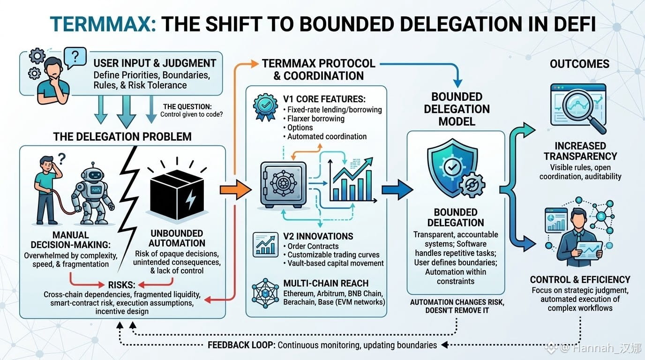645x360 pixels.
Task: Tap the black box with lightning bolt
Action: click(x=177, y=195)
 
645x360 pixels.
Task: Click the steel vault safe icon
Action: click(x=283, y=185)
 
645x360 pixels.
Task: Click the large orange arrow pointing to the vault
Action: click(x=235, y=189)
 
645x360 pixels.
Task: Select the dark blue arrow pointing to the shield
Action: click(x=397, y=189)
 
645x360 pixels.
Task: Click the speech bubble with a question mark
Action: click(x=75, y=58)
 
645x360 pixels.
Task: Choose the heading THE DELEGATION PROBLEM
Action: click(x=122, y=136)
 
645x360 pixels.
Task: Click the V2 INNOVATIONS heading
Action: click(x=318, y=236)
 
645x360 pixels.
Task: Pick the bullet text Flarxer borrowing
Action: click(x=316, y=119)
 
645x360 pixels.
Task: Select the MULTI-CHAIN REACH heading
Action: click(x=326, y=284)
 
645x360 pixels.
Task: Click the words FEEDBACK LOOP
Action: click(x=241, y=345)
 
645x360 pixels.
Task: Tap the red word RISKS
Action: click(x=121, y=285)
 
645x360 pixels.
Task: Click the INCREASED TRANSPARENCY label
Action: click(x=580, y=151)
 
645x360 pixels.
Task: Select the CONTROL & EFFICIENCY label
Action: click(x=580, y=280)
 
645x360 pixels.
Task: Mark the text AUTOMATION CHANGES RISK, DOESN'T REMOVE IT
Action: click(x=457, y=307)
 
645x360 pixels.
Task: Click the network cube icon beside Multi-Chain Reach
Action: click(x=265, y=293)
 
